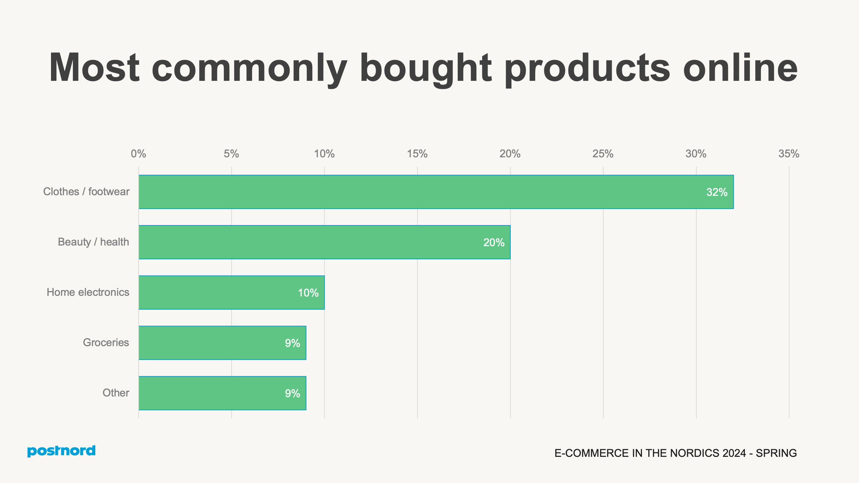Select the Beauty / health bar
[324, 242]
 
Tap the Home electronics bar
[232, 292]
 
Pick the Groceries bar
[222, 343]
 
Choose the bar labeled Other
[222, 393]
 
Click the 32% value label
[717, 192]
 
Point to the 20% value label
[494, 243]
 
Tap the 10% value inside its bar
[308, 293]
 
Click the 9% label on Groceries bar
[292, 343]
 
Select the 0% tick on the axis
[138, 154]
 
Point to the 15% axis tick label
[417, 154]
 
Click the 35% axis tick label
[789, 154]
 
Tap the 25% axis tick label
[603, 154]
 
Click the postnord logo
[61, 451]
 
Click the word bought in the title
[425, 69]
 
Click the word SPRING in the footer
[776, 453]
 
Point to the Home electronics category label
[88, 292]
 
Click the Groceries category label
[106, 342]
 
